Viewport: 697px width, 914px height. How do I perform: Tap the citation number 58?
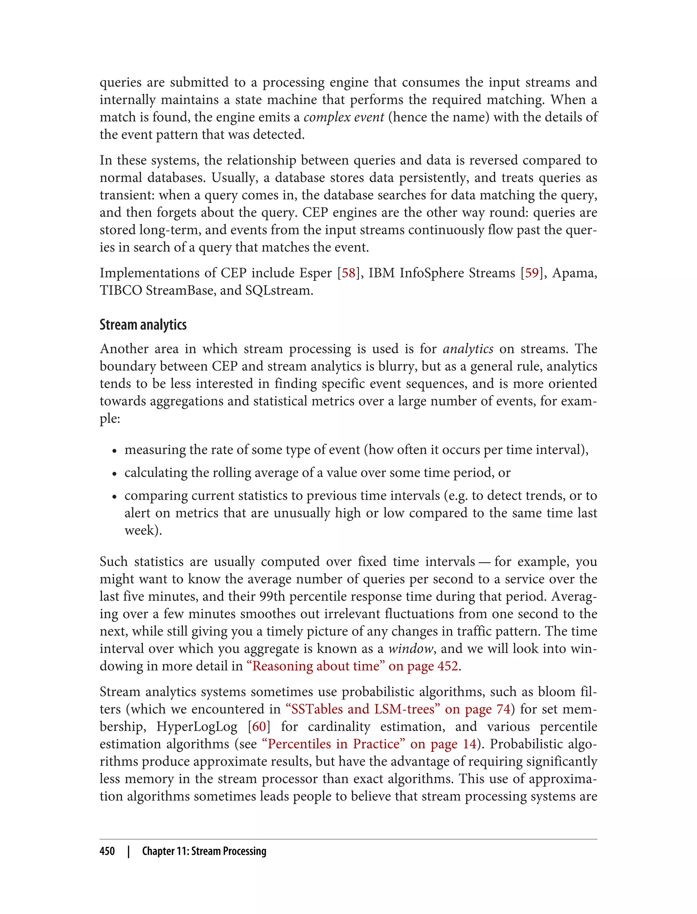(x=349, y=273)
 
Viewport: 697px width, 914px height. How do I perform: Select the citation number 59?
(x=532, y=273)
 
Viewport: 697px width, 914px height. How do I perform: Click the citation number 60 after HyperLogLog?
(x=259, y=726)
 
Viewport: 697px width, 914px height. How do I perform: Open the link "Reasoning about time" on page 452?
(x=352, y=666)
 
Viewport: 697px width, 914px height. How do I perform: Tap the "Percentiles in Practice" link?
(x=369, y=744)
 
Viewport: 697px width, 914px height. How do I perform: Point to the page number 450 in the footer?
(x=107, y=851)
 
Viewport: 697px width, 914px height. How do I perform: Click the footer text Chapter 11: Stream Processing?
(x=204, y=851)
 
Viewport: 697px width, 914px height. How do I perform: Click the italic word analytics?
(x=468, y=349)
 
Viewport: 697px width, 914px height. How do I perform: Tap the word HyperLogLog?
(x=197, y=726)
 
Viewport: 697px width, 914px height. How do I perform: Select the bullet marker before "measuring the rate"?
(x=114, y=451)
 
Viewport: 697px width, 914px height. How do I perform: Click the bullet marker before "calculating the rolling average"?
(x=114, y=473)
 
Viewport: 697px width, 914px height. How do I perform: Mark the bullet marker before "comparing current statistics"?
(x=114, y=496)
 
